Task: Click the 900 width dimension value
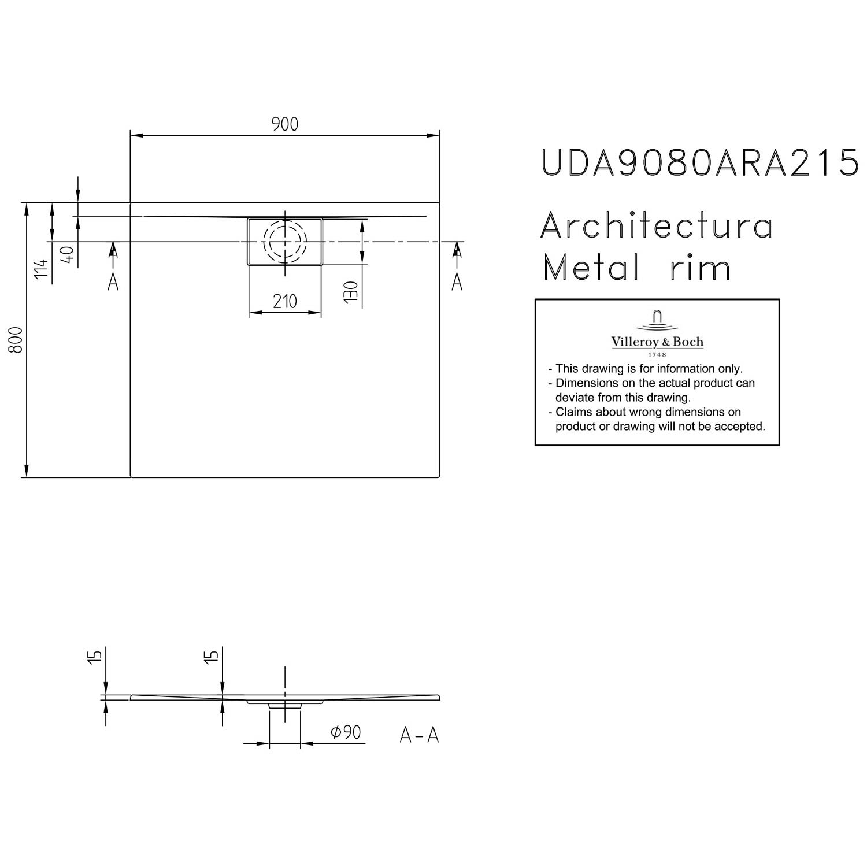click(284, 124)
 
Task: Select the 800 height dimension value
click(16, 340)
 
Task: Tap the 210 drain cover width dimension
click(284, 301)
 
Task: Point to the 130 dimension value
click(351, 292)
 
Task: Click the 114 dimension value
click(40, 270)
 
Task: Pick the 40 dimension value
click(67, 254)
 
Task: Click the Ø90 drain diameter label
click(346, 732)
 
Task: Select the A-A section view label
click(420, 735)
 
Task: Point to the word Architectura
click(657, 226)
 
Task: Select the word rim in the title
click(701, 268)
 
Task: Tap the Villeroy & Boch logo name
click(657, 342)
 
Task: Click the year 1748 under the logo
click(657, 354)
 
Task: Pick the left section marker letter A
click(113, 282)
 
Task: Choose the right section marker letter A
click(457, 282)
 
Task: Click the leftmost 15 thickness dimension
click(97, 656)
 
